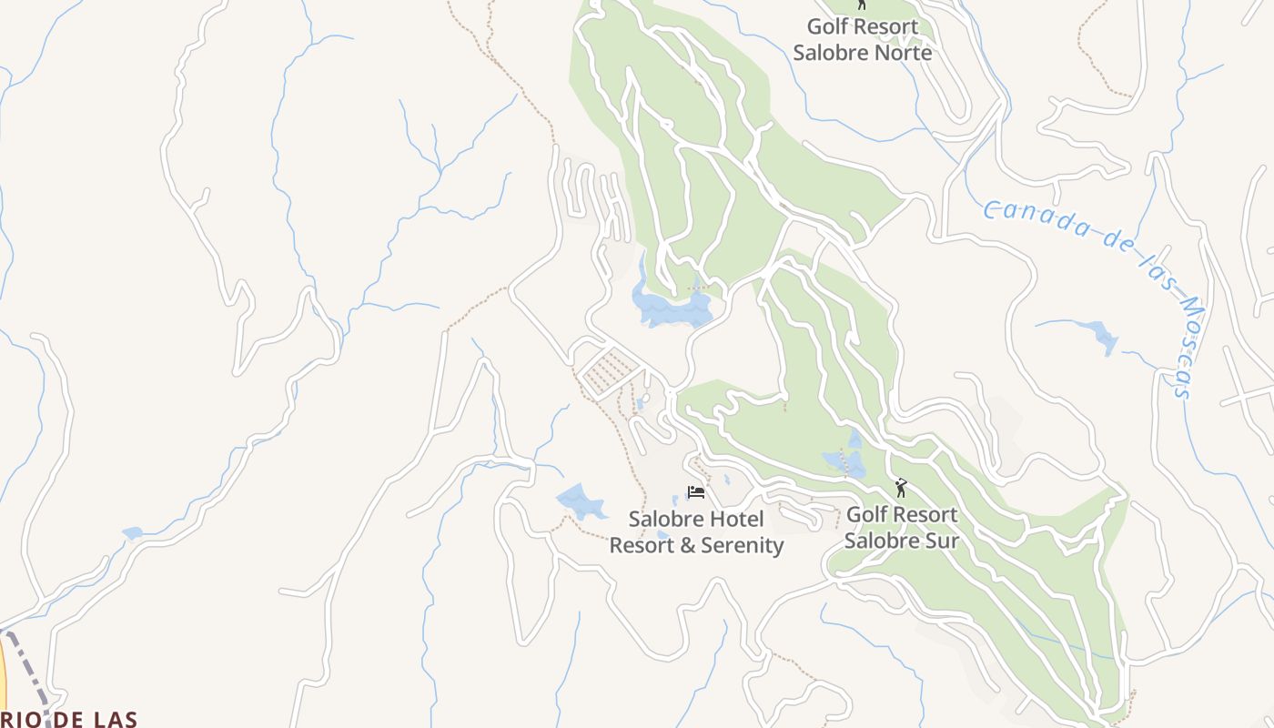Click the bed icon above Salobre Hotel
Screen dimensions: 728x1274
point(696,492)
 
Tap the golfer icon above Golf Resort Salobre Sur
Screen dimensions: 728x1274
point(901,489)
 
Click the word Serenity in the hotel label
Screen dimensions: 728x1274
point(738,546)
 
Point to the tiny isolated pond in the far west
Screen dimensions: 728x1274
point(133,533)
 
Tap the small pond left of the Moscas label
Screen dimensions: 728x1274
point(1104,339)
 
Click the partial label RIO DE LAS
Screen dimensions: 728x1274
point(68,720)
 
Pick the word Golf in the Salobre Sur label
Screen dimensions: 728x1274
point(866,515)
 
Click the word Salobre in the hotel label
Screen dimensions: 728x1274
point(665,520)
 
